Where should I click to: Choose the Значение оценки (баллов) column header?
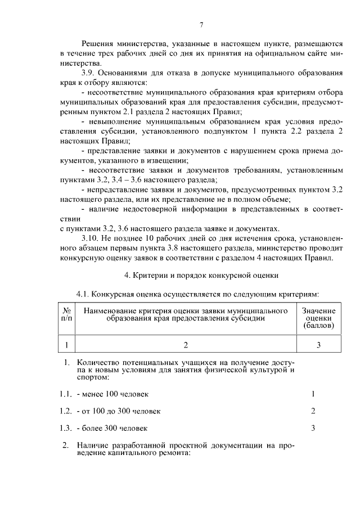(x=318, y=318)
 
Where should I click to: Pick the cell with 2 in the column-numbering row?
(x=185, y=345)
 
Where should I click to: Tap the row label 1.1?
(x=66, y=394)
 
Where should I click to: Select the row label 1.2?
(x=66, y=411)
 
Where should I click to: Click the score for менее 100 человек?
(x=313, y=394)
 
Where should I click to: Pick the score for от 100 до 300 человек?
(x=313, y=411)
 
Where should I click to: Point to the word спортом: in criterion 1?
(x=93, y=377)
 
